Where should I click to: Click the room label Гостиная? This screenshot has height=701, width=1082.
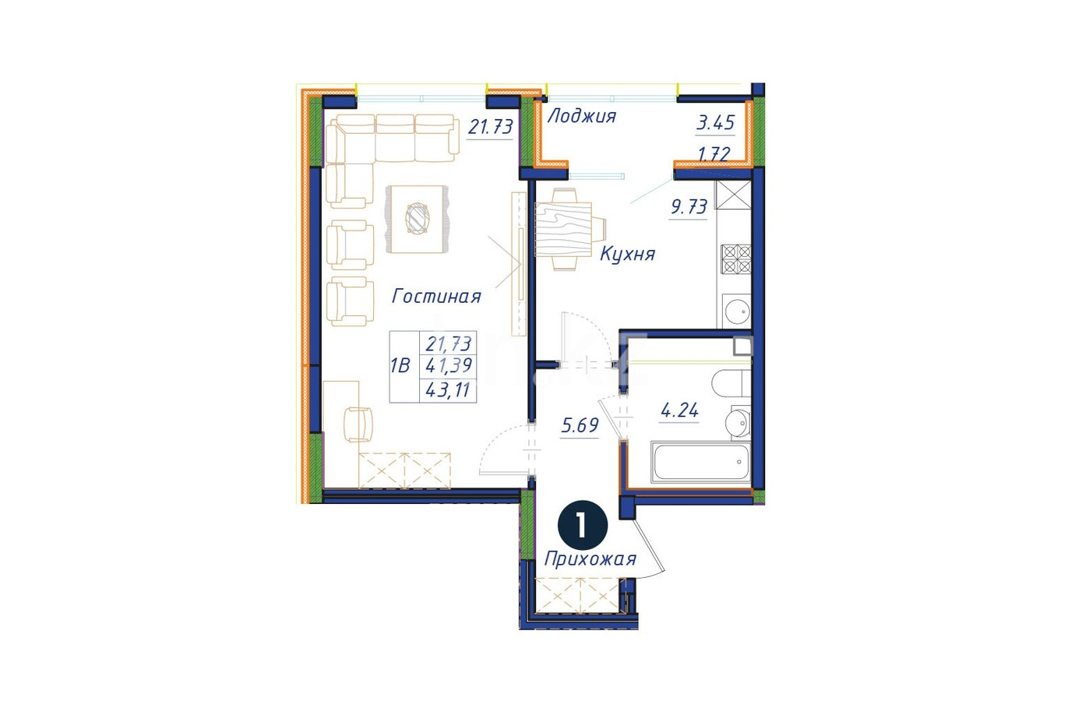click(436, 296)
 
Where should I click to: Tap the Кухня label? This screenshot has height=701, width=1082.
click(627, 254)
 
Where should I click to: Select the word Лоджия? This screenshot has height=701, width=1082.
click(582, 116)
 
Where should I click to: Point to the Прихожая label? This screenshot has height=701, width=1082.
click(590, 559)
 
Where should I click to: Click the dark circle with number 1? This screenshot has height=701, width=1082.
click(583, 525)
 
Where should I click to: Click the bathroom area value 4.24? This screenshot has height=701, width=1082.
click(679, 411)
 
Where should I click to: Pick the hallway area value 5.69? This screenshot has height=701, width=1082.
click(580, 425)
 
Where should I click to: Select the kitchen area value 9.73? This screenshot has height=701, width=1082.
click(689, 206)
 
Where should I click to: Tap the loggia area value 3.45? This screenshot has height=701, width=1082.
click(715, 123)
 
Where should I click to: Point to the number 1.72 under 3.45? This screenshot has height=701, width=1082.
click(714, 154)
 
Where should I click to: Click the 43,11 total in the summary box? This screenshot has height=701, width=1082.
click(447, 390)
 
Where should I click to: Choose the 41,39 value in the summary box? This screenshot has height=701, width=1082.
click(448, 365)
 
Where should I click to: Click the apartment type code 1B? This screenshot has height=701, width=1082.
click(400, 366)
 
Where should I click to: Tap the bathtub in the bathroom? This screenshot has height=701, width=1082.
click(700, 462)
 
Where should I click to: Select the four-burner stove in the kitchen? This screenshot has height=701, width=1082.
click(736, 259)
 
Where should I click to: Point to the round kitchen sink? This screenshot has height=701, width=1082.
click(737, 310)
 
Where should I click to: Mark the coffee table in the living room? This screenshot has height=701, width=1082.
click(417, 220)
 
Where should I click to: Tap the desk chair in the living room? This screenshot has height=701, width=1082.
click(358, 424)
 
